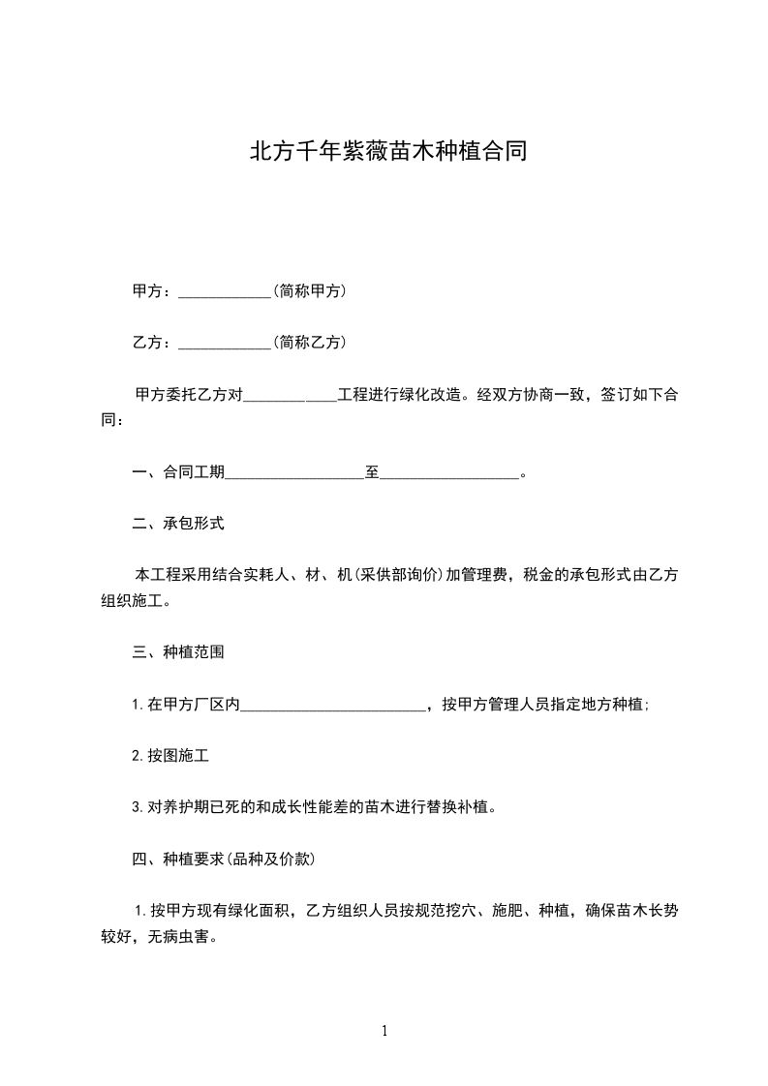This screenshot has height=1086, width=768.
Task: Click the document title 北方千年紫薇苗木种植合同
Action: [388, 152]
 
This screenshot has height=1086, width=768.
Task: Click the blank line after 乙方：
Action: [225, 344]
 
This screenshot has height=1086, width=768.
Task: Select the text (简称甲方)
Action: [310, 290]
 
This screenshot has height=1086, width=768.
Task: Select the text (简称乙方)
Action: [310, 342]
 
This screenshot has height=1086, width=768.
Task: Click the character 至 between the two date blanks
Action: [372, 472]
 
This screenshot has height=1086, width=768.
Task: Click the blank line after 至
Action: [449, 474]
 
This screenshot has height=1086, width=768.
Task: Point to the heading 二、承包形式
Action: [178, 524]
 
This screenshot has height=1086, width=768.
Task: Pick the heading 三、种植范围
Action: [178, 652]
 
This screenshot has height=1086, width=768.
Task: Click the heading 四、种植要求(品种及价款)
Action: [224, 859]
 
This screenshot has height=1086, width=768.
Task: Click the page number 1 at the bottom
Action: [384, 1031]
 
